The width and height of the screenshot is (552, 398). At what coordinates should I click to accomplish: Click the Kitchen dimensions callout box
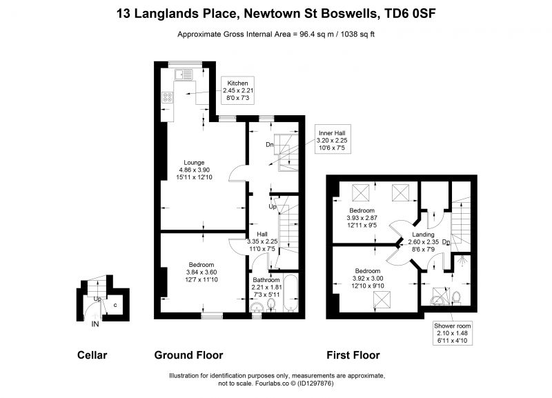coord(237,90)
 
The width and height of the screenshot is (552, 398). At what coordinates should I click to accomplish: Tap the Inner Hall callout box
coord(333,139)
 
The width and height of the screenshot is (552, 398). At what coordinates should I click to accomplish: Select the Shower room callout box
coord(453,333)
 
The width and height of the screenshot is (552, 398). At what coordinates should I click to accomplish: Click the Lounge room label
coord(194,163)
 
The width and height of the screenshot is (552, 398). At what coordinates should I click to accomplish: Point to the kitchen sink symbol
coord(184,74)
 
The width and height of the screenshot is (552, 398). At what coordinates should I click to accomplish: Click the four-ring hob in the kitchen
coord(167,97)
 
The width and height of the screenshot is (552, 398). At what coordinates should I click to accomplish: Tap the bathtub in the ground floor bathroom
coord(291,293)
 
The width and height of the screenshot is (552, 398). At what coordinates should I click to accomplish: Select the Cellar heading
coord(92,355)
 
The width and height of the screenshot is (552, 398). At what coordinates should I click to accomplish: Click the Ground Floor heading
coord(188,355)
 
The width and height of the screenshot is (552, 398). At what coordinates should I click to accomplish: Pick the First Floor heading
coord(353,355)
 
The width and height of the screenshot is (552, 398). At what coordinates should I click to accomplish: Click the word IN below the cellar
coord(95,324)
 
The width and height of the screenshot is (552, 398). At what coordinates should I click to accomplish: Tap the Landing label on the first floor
coord(423,235)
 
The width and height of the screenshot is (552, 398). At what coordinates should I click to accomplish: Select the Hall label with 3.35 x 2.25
coord(262,234)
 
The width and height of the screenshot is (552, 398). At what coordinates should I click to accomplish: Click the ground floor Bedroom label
coord(201,265)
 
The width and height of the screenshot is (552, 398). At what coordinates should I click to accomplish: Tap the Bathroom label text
coord(266,280)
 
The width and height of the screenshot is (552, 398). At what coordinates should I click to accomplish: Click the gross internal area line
coord(276,34)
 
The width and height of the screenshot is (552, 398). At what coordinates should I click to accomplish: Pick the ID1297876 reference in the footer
coord(315,384)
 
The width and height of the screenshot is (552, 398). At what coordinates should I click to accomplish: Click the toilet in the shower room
coord(457,297)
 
